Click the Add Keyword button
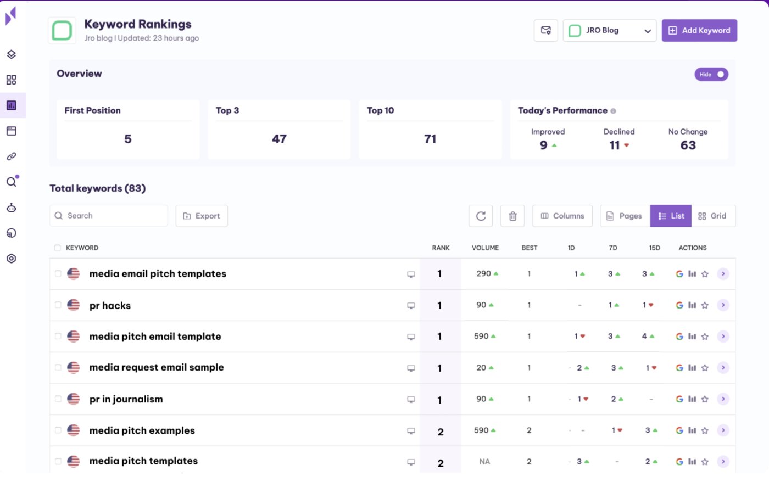pos(699,31)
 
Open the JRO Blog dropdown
pos(609,31)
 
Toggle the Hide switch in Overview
pos(711,74)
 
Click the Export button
pos(202,216)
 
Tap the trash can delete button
pos(512,216)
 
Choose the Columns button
pos(562,216)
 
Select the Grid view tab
pos(712,216)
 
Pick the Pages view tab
pos(625,216)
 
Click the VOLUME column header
pos(485,248)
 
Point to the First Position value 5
pos(128,139)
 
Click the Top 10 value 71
pos(430,139)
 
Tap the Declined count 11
pos(615,145)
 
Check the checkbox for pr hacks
pos(58,305)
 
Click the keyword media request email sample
pos(157,367)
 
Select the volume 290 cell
pos(484,273)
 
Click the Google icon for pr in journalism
pos(679,399)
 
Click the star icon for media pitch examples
pos(705,430)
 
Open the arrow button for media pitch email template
pos(723,336)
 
